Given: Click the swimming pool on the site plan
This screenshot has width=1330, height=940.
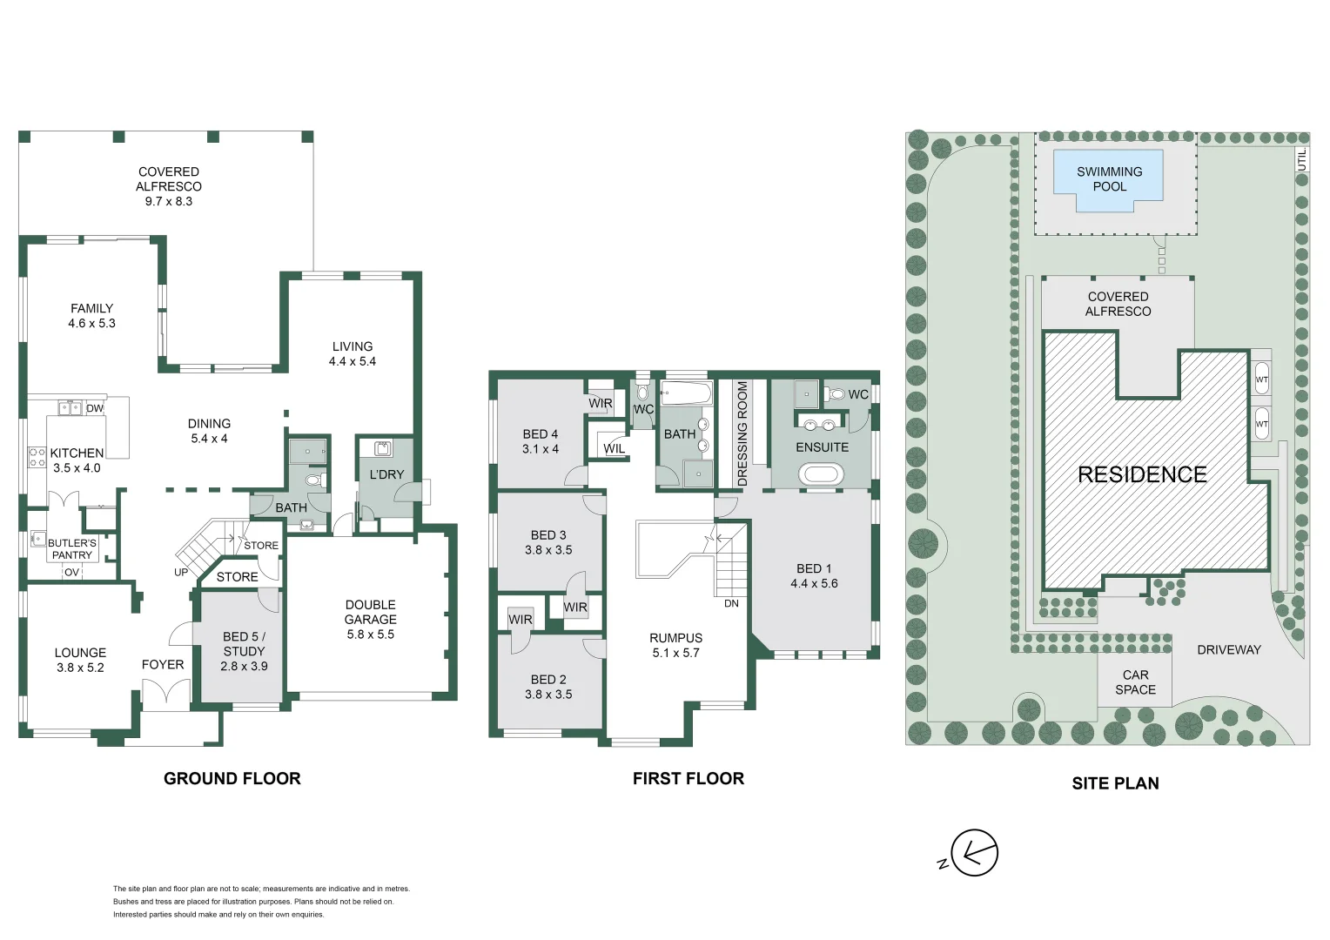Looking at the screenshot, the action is [1108, 180].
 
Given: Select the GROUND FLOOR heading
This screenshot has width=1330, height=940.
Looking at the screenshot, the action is [232, 778].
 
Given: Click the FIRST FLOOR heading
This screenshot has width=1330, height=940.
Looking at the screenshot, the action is [689, 778].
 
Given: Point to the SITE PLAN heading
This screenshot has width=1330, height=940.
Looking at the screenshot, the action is [1115, 783].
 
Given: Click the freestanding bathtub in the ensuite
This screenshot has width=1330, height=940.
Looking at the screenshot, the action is [821, 474].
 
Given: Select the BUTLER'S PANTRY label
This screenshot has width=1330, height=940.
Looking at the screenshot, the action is [72, 549].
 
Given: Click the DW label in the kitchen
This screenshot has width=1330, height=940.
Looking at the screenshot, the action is [95, 408].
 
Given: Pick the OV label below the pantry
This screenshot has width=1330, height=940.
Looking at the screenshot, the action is [72, 573].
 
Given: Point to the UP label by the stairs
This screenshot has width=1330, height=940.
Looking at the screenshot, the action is [181, 573].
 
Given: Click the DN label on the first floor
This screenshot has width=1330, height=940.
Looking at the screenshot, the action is [731, 603].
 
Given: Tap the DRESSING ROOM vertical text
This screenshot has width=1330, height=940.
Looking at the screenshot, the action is [742, 434].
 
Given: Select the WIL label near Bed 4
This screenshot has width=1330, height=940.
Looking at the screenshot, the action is [614, 449].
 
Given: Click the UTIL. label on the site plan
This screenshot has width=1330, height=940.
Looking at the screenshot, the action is [1302, 159].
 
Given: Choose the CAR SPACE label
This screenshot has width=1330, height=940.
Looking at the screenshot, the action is [1135, 682].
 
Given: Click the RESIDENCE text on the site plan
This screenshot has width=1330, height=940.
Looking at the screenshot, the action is [1142, 474].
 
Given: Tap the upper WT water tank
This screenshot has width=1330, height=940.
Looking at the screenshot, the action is [1261, 379].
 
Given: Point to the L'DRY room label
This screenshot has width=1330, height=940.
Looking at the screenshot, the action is [386, 474].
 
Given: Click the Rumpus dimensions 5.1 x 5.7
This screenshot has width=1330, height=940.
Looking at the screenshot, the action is [675, 653].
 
